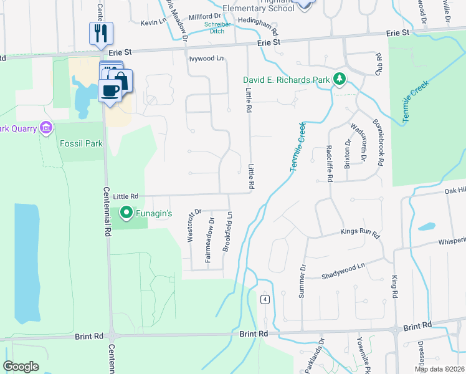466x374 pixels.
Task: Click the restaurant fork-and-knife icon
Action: [x=101, y=33]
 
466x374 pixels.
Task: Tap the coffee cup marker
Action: [x=110, y=91]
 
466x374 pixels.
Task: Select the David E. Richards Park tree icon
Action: [x=340, y=79]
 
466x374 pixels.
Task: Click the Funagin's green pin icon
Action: [x=126, y=214]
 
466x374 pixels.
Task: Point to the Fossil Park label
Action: [x=80, y=143]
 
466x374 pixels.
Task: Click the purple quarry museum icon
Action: [x=45, y=128]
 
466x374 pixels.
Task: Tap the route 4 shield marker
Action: [x=265, y=300]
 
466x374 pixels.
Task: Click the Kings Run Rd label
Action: [x=360, y=233]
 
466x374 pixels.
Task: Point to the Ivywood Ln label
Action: [x=206, y=58]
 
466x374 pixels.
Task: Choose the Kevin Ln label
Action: [x=154, y=22]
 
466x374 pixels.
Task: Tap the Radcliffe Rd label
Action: [x=330, y=163]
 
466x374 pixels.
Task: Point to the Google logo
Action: [x=21, y=367]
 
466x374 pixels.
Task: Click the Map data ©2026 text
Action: [x=440, y=369]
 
